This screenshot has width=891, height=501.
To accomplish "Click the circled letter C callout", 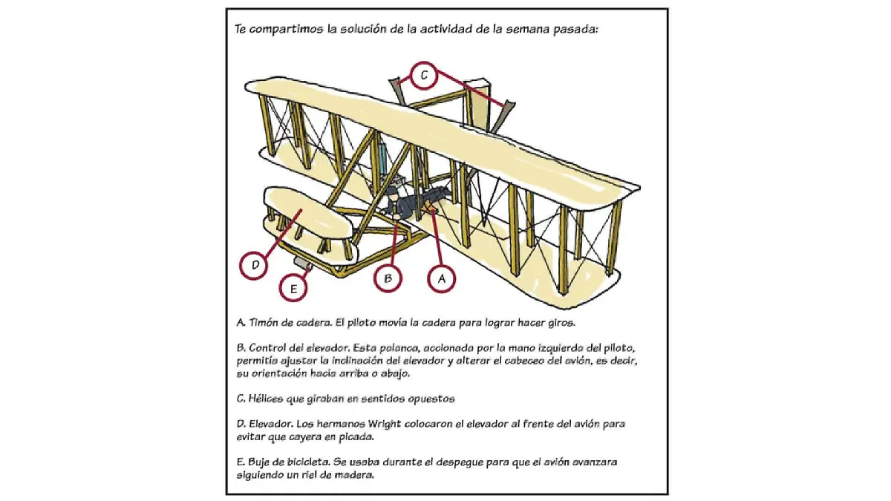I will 422,74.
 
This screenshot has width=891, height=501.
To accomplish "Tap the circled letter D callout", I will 254,265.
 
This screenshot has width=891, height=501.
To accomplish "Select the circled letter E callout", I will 293,289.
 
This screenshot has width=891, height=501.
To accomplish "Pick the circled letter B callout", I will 388,278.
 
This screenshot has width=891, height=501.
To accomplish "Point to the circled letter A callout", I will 441,278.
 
